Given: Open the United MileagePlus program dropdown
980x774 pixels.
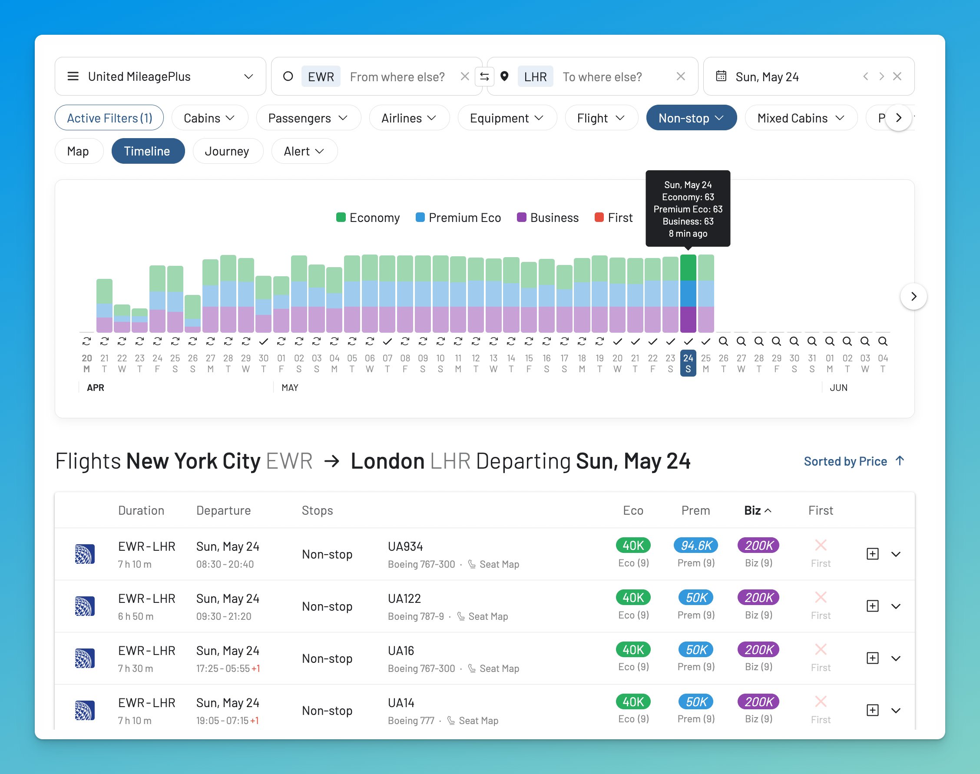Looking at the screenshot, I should point(160,76).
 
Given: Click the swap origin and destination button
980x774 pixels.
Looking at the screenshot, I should point(484,76).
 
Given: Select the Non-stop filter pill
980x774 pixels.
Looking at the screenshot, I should point(691,118).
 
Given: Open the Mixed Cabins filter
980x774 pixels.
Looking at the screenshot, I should point(801,118).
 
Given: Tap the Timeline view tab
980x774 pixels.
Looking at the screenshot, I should point(147,151).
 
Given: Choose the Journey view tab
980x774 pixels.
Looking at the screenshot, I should point(227,151).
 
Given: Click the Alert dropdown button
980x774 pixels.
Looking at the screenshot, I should point(304,151).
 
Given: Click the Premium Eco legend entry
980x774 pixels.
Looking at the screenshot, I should point(458,218).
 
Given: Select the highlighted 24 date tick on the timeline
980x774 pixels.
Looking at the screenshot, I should point(688,363).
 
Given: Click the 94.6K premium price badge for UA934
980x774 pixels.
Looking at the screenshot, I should point(696,546).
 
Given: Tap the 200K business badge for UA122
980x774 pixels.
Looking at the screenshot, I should point(758,598).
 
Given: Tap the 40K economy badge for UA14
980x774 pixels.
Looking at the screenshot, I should point(633,702).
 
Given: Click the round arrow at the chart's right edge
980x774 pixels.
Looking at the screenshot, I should point(913,296).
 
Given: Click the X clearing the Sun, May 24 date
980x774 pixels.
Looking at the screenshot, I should point(897,76).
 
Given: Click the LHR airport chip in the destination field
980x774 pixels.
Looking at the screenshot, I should point(535,76).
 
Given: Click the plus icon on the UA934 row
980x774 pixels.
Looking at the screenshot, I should point(872,554).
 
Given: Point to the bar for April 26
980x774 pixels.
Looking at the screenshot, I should point(192,314).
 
